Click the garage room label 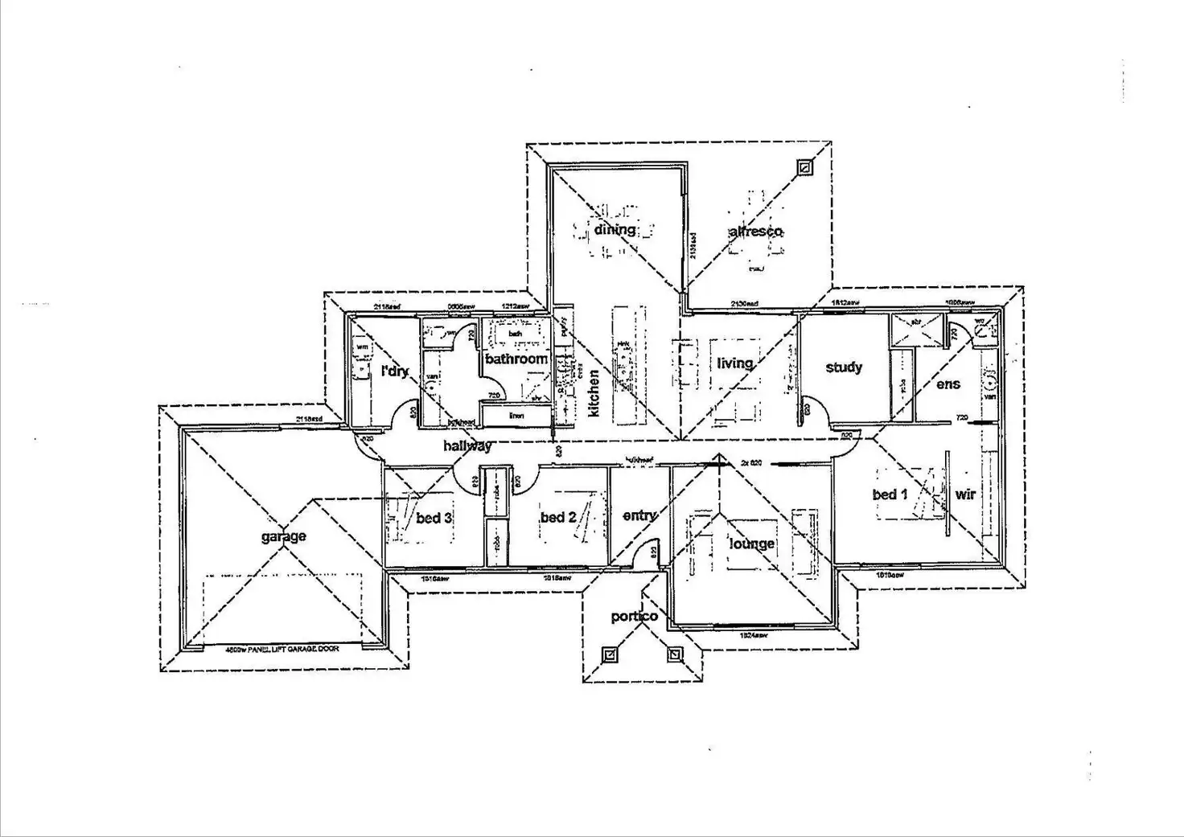[283, 536]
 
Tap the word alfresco [755, 232]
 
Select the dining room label [615, 230]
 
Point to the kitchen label [594, 392]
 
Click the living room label [734, 363]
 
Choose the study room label [844, 367]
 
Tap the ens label [948, 384]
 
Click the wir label [965, 494]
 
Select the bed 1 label [890, 494]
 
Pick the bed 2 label [558, 517]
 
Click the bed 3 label [434, 519]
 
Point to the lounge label [752, 544]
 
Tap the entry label [639, 515]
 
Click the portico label [635, 617]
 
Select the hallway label [467, 445]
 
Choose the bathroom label [516, 359]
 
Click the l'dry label [395, 371]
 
